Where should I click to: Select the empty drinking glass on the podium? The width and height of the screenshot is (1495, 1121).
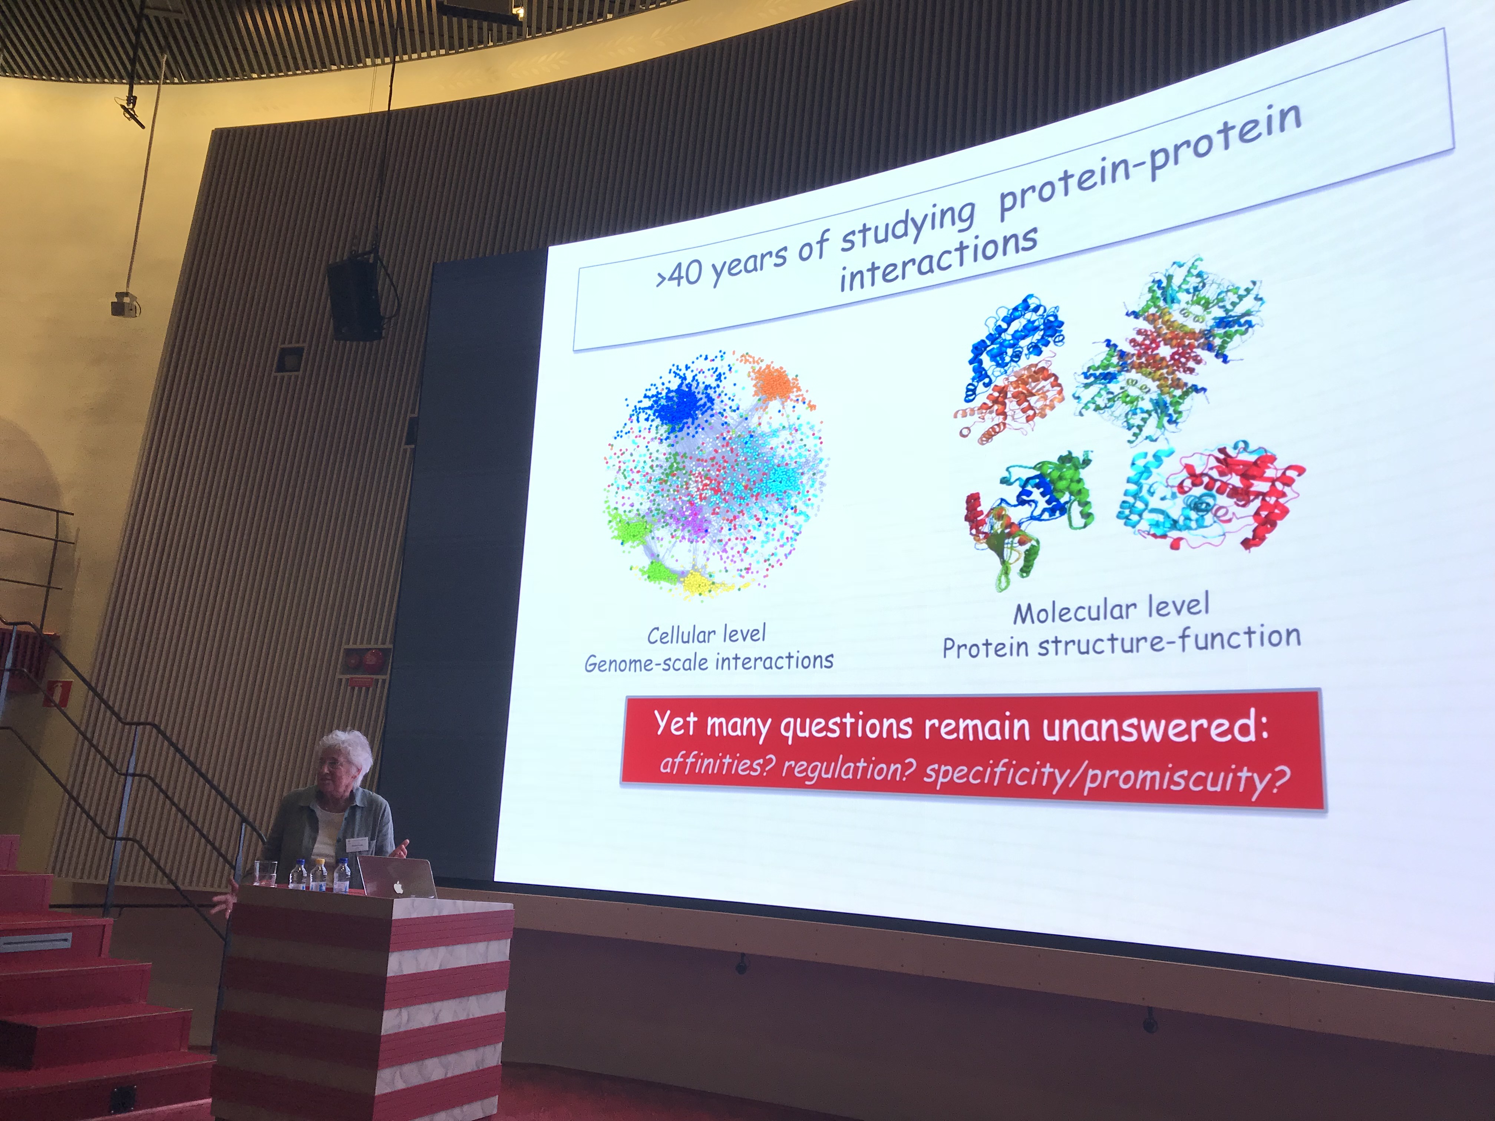pyautogui.click(x=265, y=873)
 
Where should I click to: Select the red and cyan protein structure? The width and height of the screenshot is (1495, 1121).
pyautogui.click(x=1213, y=497)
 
